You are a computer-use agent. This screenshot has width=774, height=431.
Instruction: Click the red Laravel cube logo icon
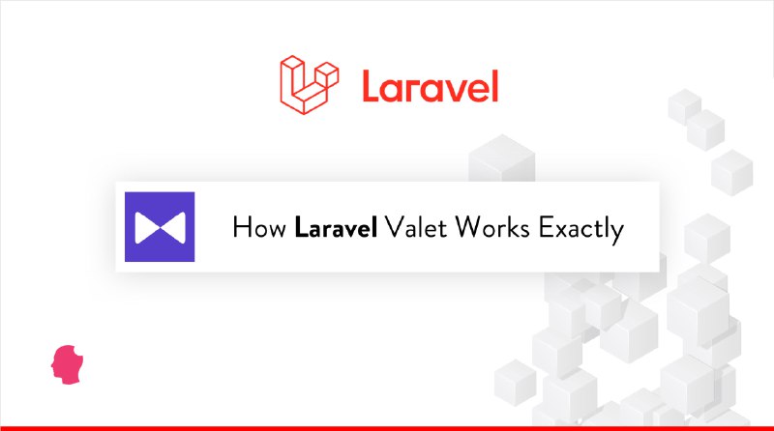click(x=309, y=84)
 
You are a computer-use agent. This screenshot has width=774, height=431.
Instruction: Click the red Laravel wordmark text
click(x=431, y=86)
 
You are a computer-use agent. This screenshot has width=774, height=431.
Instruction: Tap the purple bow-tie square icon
click(x=160, y=226)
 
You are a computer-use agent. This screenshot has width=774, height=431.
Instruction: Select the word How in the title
click(x=259, y=228)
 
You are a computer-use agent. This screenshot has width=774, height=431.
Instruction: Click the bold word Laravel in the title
click(x=336, y=227)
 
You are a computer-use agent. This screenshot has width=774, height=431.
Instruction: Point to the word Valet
click(x=416, y=227)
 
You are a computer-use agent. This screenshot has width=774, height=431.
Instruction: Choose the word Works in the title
click(x=492, y=227)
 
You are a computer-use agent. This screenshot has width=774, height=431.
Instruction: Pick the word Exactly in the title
click(x=581, y=229)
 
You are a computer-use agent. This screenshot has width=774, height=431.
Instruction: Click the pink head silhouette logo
click(x=67, y=364)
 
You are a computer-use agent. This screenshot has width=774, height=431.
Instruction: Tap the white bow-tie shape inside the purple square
click(x=160, y=227)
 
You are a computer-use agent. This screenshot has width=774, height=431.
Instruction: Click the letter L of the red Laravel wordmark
click(x=372, y=86)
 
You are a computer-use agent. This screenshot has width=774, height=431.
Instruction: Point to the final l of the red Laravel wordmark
click(x=495, y=86)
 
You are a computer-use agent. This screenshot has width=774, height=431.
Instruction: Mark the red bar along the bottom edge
click(x=387, y=428)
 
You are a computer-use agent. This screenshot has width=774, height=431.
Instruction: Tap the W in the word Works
click(x=469, y=227)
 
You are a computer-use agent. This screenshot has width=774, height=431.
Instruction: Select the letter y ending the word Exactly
click(x=617, y=233)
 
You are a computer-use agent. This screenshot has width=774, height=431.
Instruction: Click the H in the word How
click(x=241, y=228)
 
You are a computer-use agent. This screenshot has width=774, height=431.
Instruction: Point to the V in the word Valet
click(x=394, y=227)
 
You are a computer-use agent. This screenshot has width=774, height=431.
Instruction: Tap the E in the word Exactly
click(x=545, y=227)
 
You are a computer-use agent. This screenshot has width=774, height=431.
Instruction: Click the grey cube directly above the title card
click(x=502, y=158)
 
